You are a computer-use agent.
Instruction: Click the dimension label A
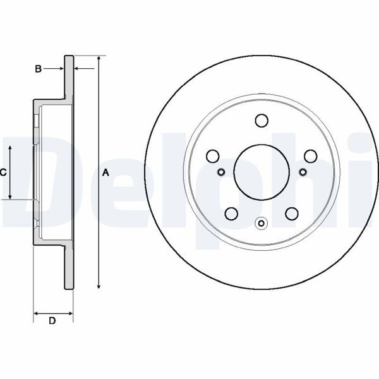pyautogui.click(x=106, y=172)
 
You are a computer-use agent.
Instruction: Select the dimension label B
pyautogui.click(x=38, y=68)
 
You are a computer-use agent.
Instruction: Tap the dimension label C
pyautogui.click(x=3, y=172)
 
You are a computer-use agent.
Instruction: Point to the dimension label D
pyautogui.click(x=52, y=322)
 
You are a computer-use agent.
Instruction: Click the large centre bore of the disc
pyautogui.click(x=261, y=171)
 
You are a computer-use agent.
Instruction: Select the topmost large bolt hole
pyautogui.click(x=261, y=119)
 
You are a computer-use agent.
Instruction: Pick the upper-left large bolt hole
pyautogui.click(x=213, y=155)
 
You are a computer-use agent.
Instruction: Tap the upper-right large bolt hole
pyautogui.click(x=310, y=155)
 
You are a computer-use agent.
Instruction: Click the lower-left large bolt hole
pyautogui.click(x=231, y=214)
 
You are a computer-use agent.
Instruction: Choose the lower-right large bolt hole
pyautogui.click(x=291, y=214)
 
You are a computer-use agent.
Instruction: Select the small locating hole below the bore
pyautogui.click(x=262, y=222)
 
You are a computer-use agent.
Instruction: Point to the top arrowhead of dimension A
pyautogui.click(x=99, y=59)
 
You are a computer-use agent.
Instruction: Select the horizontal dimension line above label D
pyautogui.click(x=52, y=312)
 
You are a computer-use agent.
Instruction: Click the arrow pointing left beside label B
pyautogui.click(x=77, y=68)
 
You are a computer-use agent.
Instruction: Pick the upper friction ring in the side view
pyautogui.click(x=68, y=79)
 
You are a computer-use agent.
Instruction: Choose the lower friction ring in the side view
pyautogui.click(x=68, y=265)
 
